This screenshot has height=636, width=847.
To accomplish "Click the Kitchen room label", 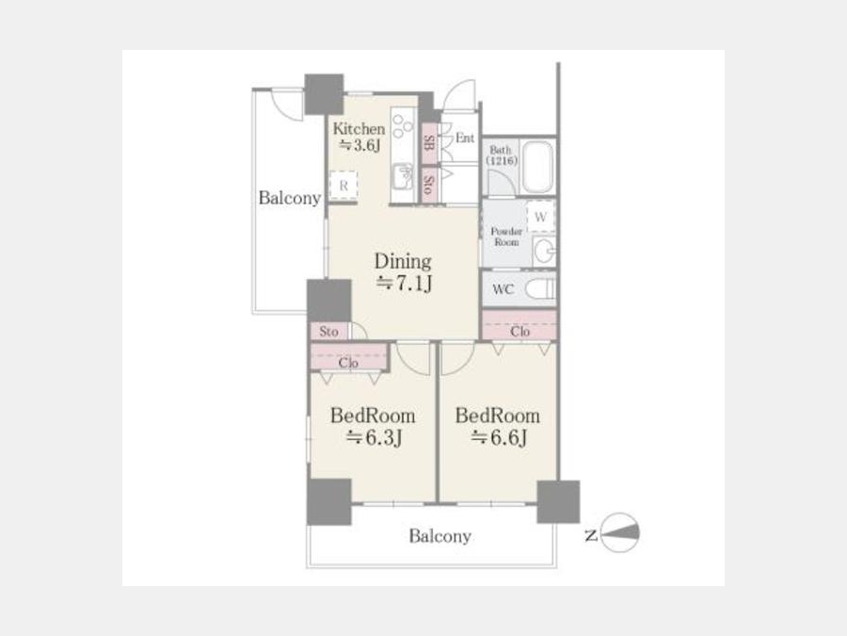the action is [359, 129].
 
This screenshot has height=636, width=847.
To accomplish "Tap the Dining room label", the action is [403, 261].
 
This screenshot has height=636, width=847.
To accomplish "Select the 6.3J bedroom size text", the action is [374, 437].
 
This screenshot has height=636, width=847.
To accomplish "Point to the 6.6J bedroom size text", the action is [498, 437].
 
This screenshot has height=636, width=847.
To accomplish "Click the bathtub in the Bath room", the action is [538, 167].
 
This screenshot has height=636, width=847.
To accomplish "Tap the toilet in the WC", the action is [540, 289].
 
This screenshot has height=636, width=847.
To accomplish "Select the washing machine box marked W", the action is [540, 217].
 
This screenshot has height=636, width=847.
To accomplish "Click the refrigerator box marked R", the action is [344, 186].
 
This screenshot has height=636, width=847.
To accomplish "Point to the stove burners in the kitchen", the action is [401, 125].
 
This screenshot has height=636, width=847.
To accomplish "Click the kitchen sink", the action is [402, 177].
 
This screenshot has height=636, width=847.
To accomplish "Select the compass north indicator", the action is [619, 532].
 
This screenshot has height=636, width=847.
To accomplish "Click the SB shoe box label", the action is [429, 143].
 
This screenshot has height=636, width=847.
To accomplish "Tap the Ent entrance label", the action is [465, 138].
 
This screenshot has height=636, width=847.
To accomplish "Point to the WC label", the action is [503, 289].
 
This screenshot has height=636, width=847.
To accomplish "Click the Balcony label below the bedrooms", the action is [439, 536].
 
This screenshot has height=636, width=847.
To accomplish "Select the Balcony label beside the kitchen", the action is [290, 198].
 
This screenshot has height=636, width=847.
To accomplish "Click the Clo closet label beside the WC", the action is [519, 331].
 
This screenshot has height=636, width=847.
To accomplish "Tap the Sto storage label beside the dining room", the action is [328, 331].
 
